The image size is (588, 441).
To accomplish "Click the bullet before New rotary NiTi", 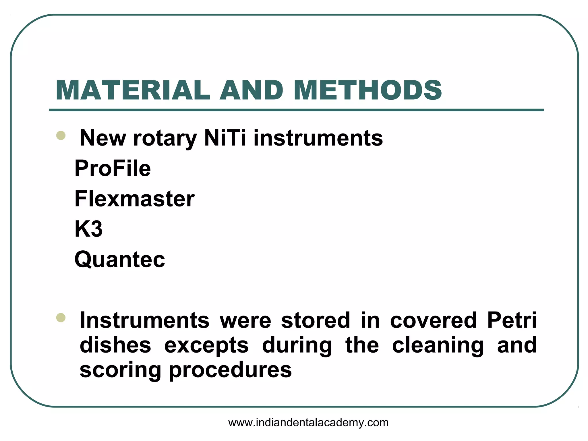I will click(61, 135).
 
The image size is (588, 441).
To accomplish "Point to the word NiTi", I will click(225, 138).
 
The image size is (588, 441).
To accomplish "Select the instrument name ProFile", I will click(113, 168).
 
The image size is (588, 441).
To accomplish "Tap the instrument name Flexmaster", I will click(134, 199).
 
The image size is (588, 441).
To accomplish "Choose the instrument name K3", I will click(88, 229).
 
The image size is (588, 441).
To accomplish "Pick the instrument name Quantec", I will click(120, 260).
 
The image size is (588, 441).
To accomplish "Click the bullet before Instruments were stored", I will click(61, 318).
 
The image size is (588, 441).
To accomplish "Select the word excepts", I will click(206, 345).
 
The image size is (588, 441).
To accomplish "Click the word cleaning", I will click(438, 345).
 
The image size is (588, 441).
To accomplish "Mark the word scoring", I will click(120, 370).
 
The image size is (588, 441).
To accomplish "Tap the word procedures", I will click(230, 370).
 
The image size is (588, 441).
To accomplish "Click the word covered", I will click(434, 320).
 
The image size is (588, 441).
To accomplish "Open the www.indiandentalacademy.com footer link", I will click(308, 423).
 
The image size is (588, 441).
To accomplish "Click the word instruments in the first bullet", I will click(318, 138).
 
